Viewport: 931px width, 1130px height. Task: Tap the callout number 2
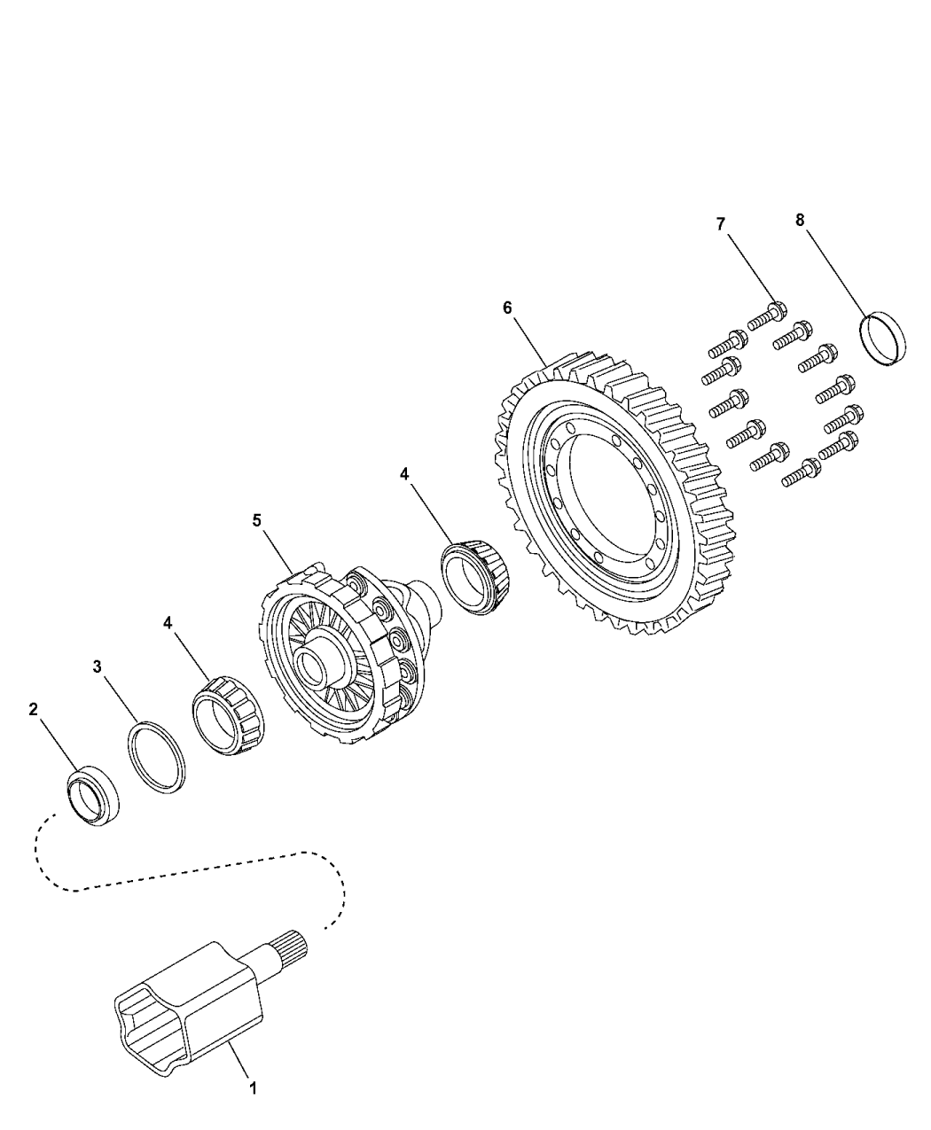pos(33,709)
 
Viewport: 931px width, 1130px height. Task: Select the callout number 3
pos(98,666)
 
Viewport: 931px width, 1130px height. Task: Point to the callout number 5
pos(257,520)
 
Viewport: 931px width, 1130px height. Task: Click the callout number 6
pos(507,308)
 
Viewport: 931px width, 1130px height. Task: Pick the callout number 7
pos(720,224)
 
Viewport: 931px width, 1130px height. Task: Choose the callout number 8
pos(800,221)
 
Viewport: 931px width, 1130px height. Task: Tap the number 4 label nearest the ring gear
pos(404,474)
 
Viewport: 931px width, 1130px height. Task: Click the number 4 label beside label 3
pos(168,623)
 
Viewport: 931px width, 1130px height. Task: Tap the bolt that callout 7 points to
pos(768,315)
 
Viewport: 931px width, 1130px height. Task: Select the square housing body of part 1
pos(191,1010)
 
